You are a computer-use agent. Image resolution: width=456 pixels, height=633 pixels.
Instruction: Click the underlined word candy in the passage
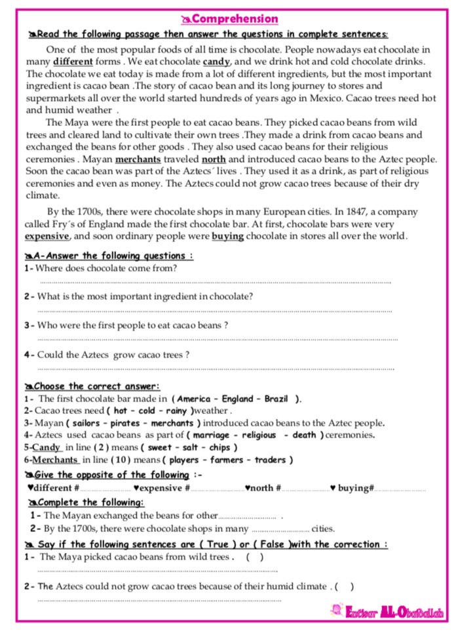(x=216, y=62)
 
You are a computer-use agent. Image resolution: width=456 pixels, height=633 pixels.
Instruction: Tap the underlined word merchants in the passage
(x=139, y=159)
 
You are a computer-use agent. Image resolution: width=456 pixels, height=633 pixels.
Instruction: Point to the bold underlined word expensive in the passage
(x=47, y=236)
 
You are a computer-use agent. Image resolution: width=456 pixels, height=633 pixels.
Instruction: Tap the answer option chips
(x=221, y=447)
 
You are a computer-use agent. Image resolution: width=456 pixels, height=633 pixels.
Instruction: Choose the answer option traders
(x=271, y=459)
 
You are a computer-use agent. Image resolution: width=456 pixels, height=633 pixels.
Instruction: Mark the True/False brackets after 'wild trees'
(x=255, y=558)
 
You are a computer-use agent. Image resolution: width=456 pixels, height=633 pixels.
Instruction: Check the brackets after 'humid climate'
(x=344, y=586)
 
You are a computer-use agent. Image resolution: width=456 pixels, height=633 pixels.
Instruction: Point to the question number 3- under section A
(x=29, y=325)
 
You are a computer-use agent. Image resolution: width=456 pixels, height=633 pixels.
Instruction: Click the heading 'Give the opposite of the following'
(x=111, y=475)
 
